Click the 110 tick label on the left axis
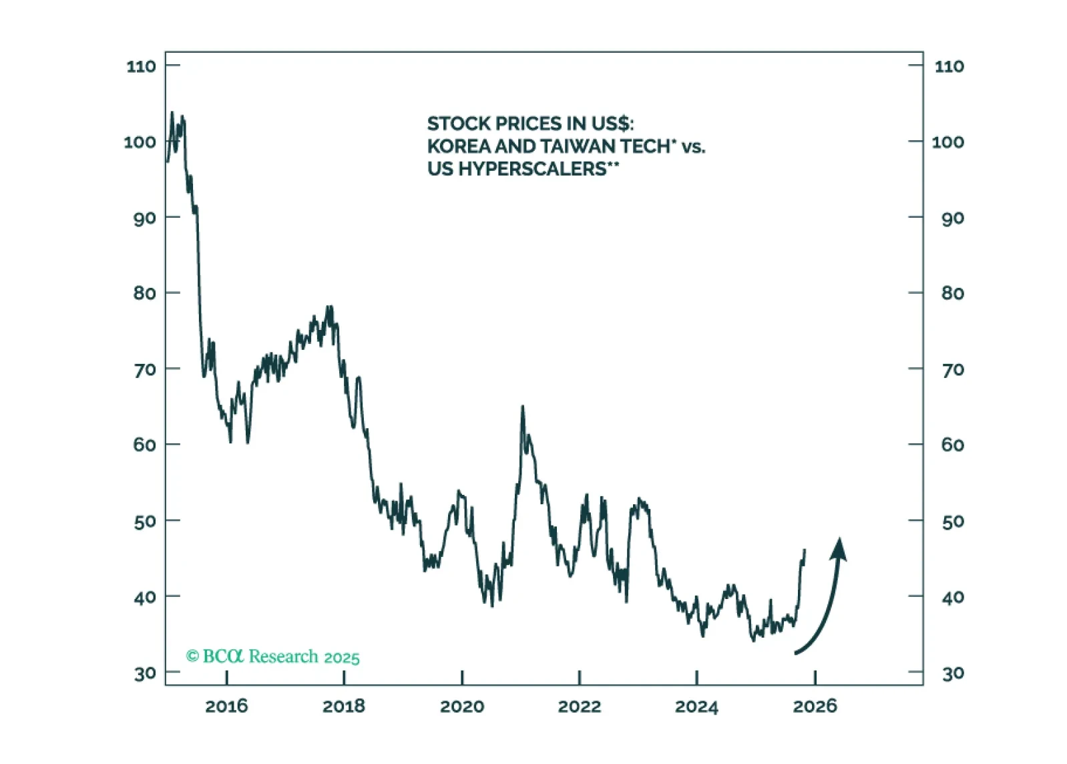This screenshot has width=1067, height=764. click(x=141, y=66)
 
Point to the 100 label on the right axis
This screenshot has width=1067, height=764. click(x=948, y=142)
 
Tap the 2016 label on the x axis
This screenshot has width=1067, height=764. click(x=226, y=706)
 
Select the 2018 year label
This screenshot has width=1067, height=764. click(x=344, y=706)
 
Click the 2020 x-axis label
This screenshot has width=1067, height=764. click(x=462, y=706)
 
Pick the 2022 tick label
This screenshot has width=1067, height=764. click(x=580, y=706)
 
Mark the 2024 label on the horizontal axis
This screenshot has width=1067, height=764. click(x=696, y=706)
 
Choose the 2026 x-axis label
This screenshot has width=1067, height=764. click(x=815, y=706)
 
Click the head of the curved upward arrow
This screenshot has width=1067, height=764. click(x=839, y=548)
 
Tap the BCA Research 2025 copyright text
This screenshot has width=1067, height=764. click(x=272, y=656)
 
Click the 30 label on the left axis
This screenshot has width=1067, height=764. click(x=145, y=673)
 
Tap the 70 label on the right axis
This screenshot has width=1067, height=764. click(x=953, y=369)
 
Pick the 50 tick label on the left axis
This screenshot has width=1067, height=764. click(x=145, y=521)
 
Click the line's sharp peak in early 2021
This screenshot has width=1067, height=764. click(x=522, y=406)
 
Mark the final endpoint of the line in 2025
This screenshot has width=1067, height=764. click(x=805, y=550)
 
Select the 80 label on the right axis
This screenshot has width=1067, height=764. click(x=953, y=293)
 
